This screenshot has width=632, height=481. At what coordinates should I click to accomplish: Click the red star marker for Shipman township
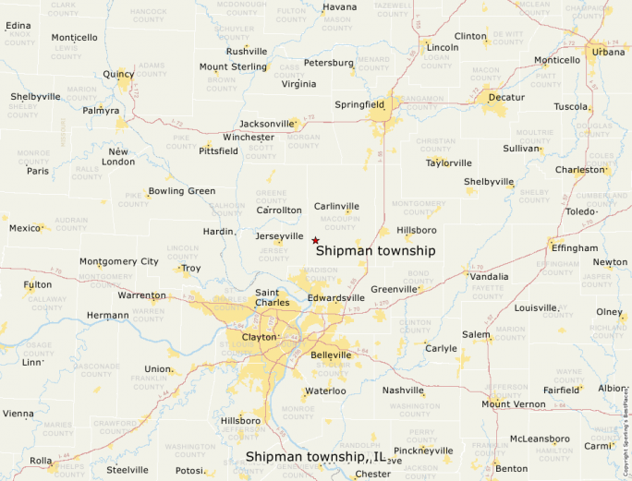(x=315, y=240)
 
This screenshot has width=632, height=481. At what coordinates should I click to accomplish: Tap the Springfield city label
(x=359, y=105)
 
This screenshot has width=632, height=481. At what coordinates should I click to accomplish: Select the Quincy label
(x=119, y=74)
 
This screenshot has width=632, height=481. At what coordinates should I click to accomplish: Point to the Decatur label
(x=506, y=97)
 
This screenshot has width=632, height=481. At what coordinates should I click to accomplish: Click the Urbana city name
(x=608, y=52)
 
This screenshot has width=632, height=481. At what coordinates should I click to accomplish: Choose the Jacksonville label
(x=266, y=124)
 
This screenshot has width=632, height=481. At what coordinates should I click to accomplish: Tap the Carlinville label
(x=336, y=206)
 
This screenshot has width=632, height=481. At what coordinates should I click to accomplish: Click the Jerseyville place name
(x=279, y=236)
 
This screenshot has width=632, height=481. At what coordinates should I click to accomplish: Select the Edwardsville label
(x=336, y=298)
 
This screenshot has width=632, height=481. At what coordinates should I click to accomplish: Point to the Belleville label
(x=332, y=355)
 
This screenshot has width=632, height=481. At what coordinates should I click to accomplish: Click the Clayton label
(x=259, y=337)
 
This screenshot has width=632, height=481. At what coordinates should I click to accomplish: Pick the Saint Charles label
(x=273, y=297)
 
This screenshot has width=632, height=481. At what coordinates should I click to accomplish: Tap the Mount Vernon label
(x=514, y=403)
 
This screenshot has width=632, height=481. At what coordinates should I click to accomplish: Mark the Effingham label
(x=574, y=248)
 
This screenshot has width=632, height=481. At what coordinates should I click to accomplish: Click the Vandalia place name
(x=489, y=276)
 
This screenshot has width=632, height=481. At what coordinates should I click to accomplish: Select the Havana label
(x=339, y=7)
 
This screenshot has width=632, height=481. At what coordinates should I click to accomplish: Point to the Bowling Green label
(x=182, y=191)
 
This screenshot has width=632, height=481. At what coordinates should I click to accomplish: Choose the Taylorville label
(x=448, y=162)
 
